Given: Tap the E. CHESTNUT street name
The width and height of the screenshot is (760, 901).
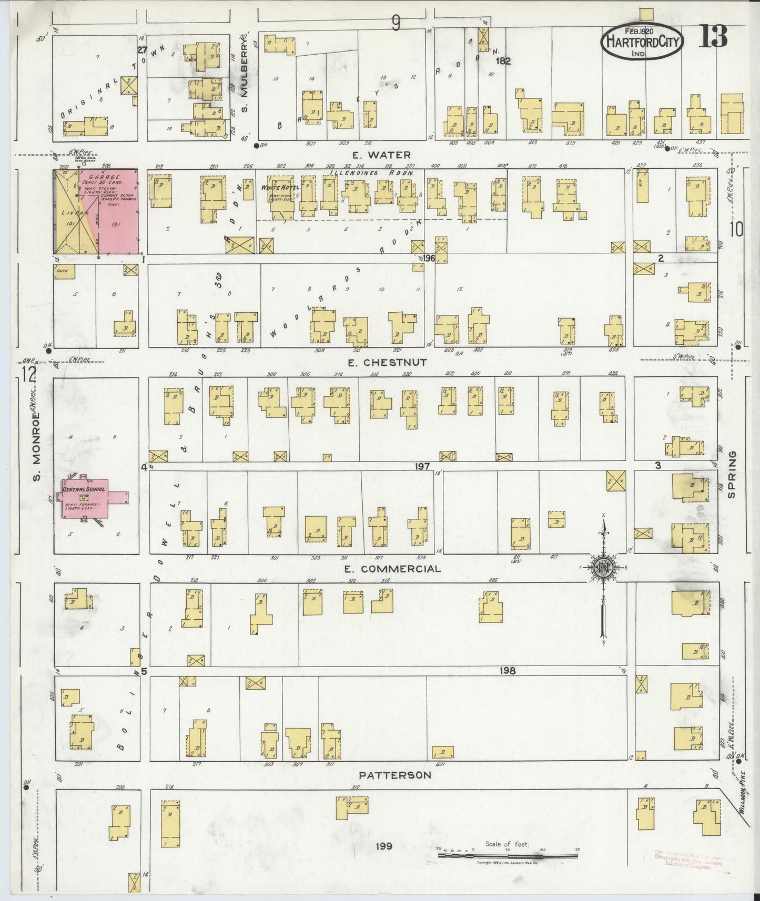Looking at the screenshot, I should (388, 362).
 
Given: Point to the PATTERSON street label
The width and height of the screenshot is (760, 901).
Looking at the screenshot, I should (395, 775).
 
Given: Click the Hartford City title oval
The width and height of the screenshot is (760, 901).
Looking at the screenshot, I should (642, 42).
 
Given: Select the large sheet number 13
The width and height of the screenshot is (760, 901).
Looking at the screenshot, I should (713, 36).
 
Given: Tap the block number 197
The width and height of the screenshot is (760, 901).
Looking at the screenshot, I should (422, 466).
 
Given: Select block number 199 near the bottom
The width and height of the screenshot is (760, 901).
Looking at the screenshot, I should (385, 846).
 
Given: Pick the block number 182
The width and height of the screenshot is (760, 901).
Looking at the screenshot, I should (503, 62).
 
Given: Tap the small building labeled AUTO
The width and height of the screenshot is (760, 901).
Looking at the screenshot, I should (64, 271).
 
